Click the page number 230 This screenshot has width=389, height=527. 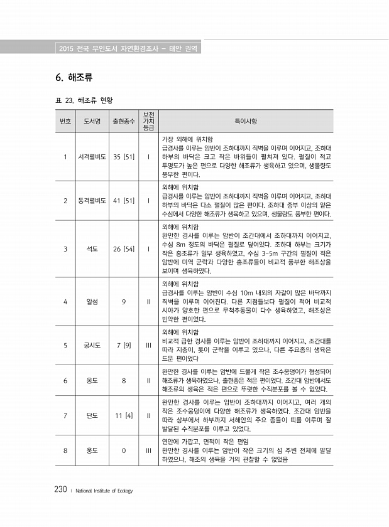[x=60, y=489]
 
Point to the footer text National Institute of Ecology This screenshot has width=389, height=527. [x=105, y=491]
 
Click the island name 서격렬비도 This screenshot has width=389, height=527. [x=92, y=156]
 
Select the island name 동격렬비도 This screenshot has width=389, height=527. [x=92, y=201]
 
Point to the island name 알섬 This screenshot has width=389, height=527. [x=92, y=301]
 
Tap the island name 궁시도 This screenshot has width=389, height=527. [x=92, y=345]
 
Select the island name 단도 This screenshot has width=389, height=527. [x=92, y=415]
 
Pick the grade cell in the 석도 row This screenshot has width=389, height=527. [x=148, y=249]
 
